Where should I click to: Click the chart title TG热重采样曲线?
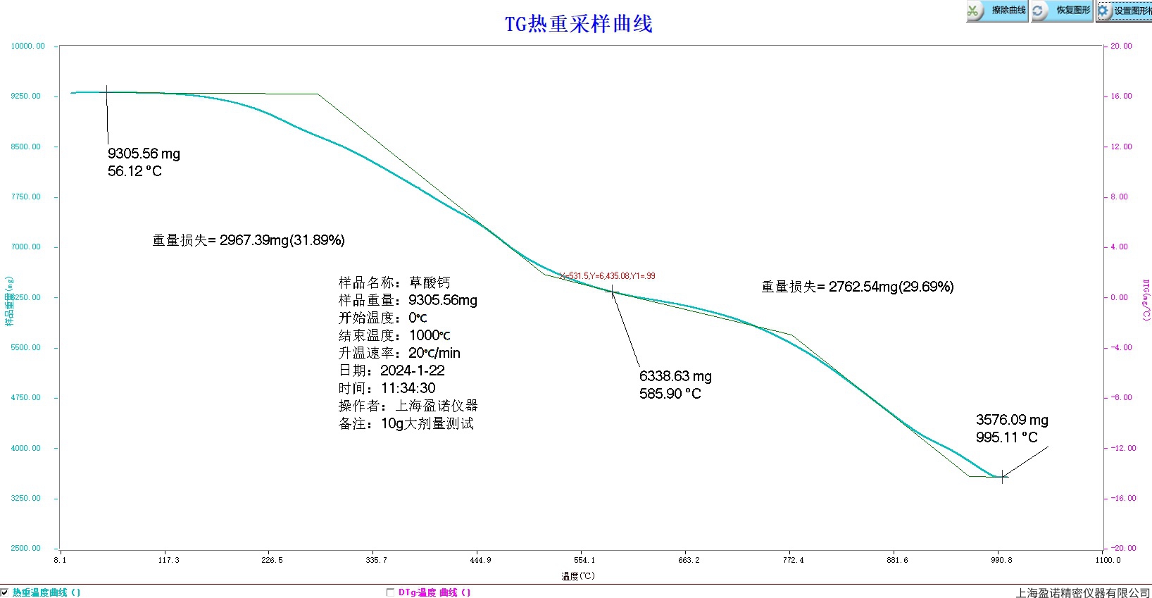[x=578, y=24]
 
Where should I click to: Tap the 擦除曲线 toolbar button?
[x=997, y=11]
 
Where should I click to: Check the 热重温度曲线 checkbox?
[x=5, y=592]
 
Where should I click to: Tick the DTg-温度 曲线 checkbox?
[x=390, y=592]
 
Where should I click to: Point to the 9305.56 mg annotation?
[x=144, y=154]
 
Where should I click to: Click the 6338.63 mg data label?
[x=675, y=376]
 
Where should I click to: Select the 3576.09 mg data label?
[x=1011, y=420]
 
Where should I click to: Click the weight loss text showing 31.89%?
[x=249, y=240]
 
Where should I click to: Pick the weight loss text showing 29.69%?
[x=857, y=287]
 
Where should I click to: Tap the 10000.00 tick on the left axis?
[x=27, y=46]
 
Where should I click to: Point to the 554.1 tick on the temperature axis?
[x=584, y=561]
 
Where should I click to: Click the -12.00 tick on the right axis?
[x=1122, y=448]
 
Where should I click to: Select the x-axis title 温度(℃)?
[x=578, y=576]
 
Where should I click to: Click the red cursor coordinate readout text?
[x=608, y=276]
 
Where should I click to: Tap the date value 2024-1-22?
[x=412, y=370]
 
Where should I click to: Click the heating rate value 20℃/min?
[x=434, y=353]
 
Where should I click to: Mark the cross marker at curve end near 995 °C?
[x=1002, y=477]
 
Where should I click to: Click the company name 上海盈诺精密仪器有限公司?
[x=1082, y=593]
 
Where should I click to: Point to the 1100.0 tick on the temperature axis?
[x=1107, y=561]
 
